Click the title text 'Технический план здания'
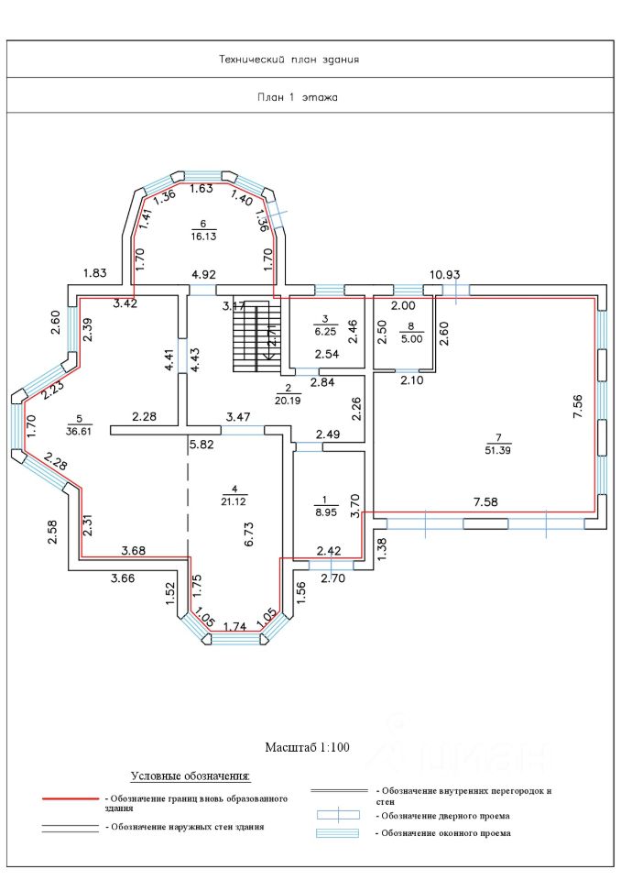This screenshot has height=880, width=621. coord(288,60)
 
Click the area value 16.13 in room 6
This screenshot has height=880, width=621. coord(203,236)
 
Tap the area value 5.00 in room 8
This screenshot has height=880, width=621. coord(411,337)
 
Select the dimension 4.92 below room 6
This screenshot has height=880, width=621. coord(203,274)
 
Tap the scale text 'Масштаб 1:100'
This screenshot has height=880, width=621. coord(308,748)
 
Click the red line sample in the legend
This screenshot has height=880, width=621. coord(70,799)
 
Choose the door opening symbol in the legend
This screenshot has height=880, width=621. coord(338,814)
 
